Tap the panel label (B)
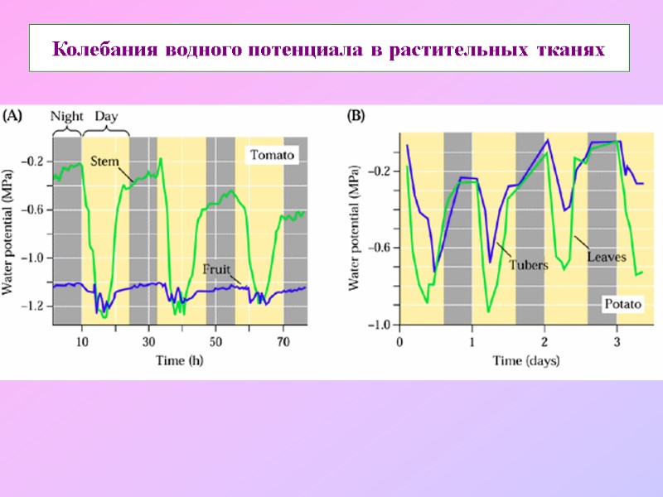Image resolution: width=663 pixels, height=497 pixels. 355,117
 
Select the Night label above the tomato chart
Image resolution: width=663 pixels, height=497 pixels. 67,116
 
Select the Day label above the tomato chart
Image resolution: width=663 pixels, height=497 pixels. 106,116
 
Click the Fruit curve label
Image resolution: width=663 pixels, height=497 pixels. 216,269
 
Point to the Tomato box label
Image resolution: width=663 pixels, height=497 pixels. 273,155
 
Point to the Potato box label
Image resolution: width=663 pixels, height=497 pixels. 622,304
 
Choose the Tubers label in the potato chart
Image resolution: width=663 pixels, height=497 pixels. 528,266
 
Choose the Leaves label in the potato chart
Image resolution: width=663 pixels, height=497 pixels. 606,257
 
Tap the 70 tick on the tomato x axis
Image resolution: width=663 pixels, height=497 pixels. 283,340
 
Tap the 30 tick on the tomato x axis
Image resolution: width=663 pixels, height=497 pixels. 148,340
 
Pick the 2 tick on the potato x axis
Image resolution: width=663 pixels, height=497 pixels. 544,341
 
